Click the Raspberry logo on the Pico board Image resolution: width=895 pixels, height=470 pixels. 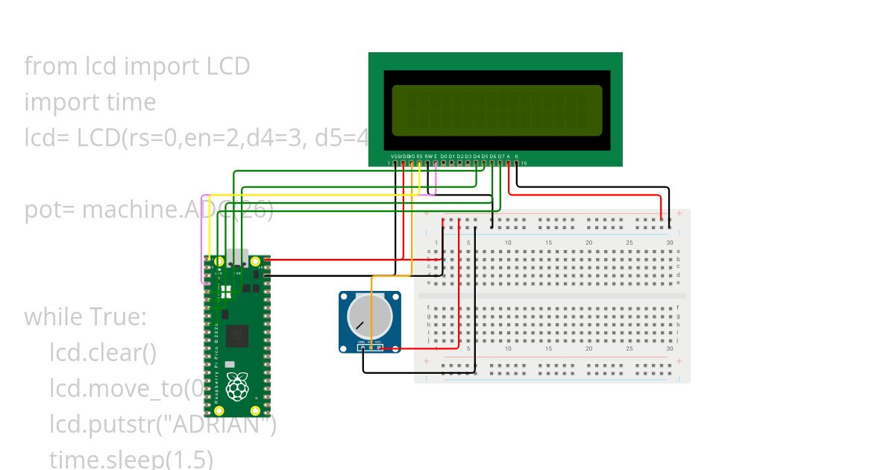click(x=237, y=387)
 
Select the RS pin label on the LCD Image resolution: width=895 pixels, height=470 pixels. click(x=420, y=156)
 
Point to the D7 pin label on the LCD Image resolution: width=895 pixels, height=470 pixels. click(x=501, y=156)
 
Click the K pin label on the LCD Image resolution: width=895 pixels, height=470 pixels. click(x=517, y=156)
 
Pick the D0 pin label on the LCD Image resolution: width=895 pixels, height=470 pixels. click(x=444, y=156)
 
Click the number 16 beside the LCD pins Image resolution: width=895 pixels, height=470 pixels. click(x=524, y=163)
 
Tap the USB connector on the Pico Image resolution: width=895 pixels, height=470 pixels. click(x=237, y=256)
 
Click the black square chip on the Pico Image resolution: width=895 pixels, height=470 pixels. click(x=237, y=336)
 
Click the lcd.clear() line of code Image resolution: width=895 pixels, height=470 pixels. click(x=103, y=352)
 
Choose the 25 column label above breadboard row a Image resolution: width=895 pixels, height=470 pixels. click(x=629, y=243)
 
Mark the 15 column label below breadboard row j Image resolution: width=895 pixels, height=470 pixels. click(x=548, y=348)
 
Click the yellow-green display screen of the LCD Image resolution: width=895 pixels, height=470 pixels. click(x=497, y=110)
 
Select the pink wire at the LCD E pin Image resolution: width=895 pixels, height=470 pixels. click(x=436, y=175)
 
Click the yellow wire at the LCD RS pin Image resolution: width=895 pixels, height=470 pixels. click(x=420, y=175)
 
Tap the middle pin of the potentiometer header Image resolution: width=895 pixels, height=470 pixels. click(x=371, y=347)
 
